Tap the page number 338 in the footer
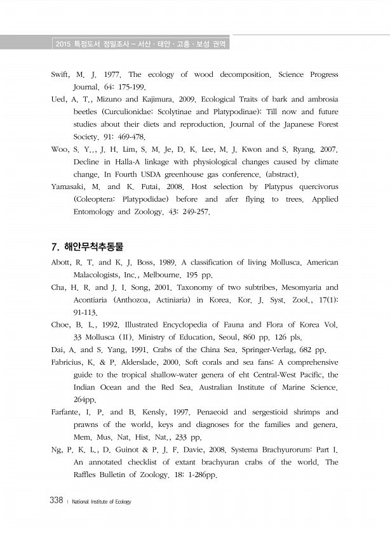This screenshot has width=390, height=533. pos(56,501)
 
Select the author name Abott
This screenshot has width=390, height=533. pos(62,262)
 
